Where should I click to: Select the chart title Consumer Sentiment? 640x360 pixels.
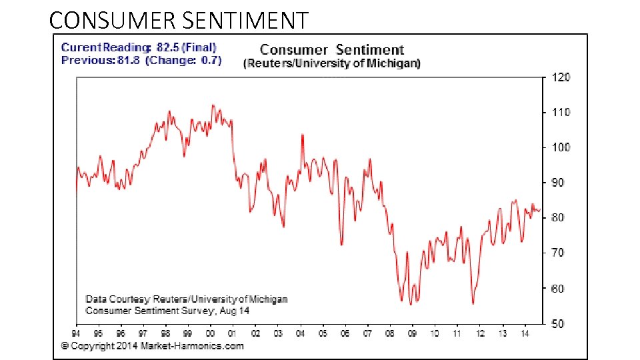point(331,50)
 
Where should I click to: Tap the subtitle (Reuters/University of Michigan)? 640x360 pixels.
point(331,63)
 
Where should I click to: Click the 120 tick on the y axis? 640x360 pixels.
point(561,77)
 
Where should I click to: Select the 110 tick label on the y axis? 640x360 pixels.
point(561,113)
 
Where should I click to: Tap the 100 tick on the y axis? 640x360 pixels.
point(561,147)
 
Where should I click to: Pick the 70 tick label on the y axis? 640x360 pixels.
point(559,253)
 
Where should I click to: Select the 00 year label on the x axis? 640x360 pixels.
point(210,333)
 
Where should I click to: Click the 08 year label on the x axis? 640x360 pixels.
point(389,333)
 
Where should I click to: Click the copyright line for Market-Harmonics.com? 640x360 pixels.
point(153,346)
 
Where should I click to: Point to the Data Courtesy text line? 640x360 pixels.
point(187,299)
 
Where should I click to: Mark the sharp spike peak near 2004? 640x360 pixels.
point(302,135)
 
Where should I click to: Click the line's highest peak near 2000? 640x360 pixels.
point(212,105)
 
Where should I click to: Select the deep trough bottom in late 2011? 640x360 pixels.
point(473,303)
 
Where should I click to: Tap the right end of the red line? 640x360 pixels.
point(540,209)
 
